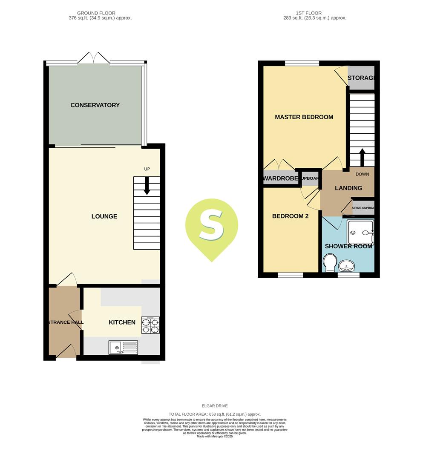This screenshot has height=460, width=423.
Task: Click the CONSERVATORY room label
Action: (95, 105)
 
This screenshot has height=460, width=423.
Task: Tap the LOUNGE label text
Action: (104, 216)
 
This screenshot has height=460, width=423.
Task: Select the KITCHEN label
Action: (122, 322)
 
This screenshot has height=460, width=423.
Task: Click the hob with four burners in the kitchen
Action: (150, 325)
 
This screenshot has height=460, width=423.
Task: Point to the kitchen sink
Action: (123, 348)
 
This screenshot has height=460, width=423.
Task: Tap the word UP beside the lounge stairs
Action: (147, 169)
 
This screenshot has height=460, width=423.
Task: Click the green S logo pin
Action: (211, 228)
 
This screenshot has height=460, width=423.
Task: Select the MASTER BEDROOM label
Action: (304, 117)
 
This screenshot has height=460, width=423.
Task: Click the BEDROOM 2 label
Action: (290, 216)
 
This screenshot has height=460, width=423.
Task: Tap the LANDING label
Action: (348, 188)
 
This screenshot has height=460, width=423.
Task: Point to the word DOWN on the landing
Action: (362, 174)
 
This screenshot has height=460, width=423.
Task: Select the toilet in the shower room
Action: (330, 263)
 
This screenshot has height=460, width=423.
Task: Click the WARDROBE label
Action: (280, 178)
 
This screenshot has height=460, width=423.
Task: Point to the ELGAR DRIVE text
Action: (215, 406)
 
